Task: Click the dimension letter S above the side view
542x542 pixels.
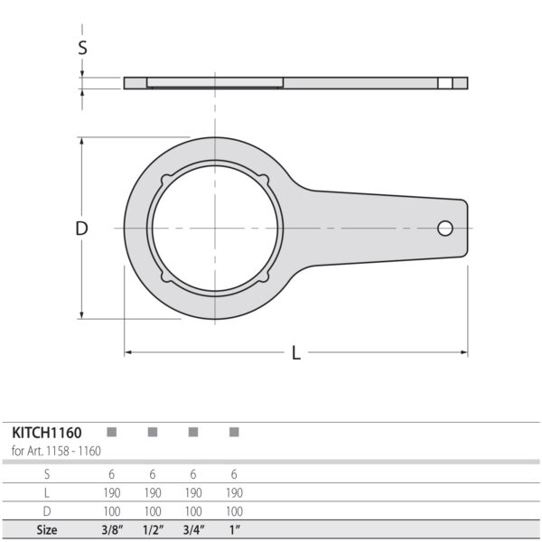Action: (x=82, y=48)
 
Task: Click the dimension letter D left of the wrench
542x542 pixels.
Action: (x=81, y=229)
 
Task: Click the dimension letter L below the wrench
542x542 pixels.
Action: (x=296, y=353)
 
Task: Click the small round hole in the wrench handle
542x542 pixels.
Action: (x=445, y=229)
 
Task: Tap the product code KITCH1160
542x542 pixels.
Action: (x=46, y=433)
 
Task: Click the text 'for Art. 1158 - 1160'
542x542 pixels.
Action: (x=55, y=451)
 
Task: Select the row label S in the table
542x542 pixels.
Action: (x=46, y=473)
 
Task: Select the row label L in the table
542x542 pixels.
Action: (x=46, y=492)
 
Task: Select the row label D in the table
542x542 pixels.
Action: (x=46, y=511)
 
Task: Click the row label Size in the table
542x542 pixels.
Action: (x=46, y=530)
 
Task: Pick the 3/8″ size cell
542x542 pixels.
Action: (x=112, y=530)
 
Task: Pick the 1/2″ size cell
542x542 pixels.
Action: (x=153, y=530)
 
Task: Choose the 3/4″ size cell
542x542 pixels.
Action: (x=193, y=530)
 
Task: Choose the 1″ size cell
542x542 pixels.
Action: (x=234, y=530)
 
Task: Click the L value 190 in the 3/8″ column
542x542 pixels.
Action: (x=112, y=492)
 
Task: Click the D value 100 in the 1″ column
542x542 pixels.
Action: (x=234, y=511)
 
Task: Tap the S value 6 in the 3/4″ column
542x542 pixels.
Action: (x=193, y=473)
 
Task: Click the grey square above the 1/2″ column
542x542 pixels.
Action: (x=153, y=433)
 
